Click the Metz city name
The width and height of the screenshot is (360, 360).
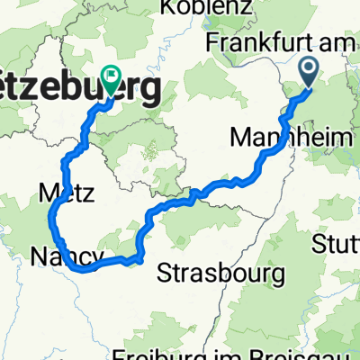point(62,192)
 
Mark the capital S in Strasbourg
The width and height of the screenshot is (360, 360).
point(166,272)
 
